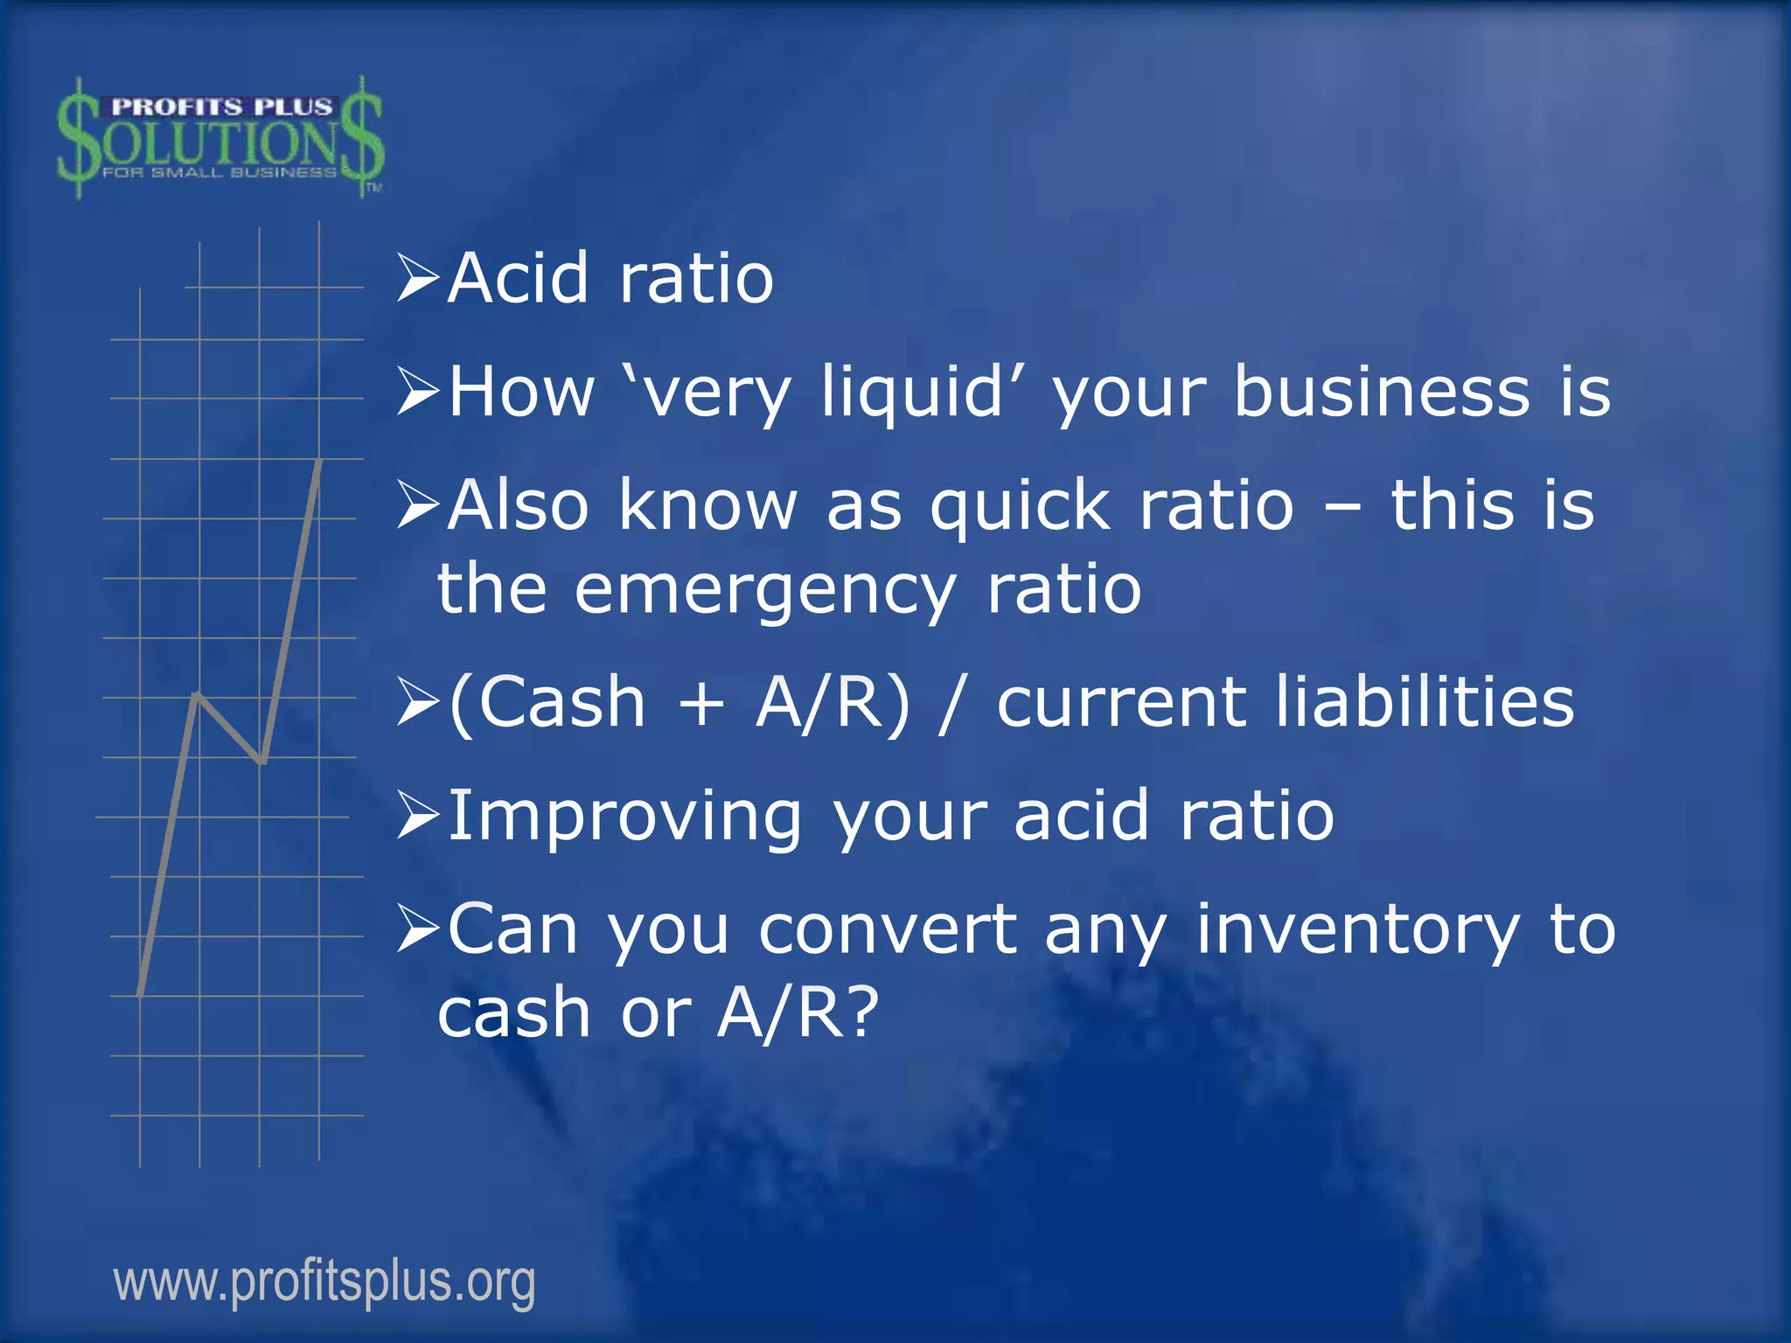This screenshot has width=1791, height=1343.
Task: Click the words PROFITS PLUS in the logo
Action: [x=221, y=108]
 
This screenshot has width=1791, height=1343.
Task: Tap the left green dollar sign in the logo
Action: [x=79, y=138]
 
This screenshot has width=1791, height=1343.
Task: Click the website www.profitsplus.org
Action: [x=324, y=1282]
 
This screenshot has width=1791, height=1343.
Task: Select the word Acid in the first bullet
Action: [x=518, y=279]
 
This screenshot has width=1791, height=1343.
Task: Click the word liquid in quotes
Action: [x=911, y=393]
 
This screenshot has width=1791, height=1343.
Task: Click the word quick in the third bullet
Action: [x=1021, y=506]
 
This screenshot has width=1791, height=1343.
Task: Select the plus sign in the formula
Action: [x=701, y=704]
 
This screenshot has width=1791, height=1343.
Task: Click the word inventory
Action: [x=1357, y=930]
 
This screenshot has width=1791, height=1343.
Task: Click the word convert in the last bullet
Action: [x=888, y=930]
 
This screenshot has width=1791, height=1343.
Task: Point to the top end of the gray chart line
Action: [x=319, y=461]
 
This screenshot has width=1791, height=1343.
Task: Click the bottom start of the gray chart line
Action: [x=141, y=993]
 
